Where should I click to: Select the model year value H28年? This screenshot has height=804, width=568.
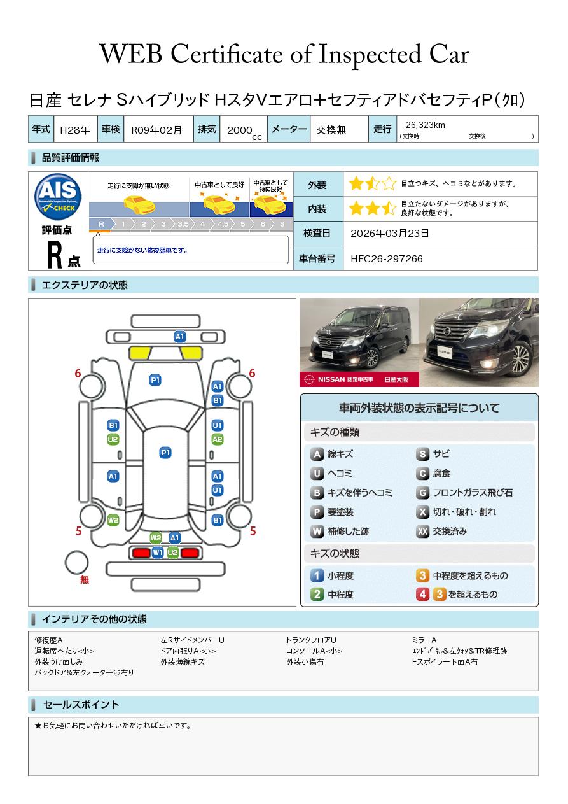tap(74, 129)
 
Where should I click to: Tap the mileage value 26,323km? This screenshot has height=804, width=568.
tap(425, 125)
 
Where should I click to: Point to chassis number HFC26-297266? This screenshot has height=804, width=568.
tap(387, 258)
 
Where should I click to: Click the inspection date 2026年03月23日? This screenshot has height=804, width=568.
tap(390, 233)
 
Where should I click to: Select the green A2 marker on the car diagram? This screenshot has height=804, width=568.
tap(217, 439)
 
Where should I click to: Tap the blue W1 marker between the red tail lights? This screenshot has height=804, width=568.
tap(158, 553)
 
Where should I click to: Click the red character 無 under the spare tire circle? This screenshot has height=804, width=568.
tap(85, 580)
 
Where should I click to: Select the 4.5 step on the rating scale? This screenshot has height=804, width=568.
tap(223, 224)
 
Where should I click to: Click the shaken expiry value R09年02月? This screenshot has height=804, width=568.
tap(156, 129)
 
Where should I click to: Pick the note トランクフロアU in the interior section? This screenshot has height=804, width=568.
tap(311, 640)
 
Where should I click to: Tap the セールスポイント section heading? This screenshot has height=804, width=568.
tap(81, 705)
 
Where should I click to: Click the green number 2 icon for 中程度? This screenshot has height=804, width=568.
tap(317, 595)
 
